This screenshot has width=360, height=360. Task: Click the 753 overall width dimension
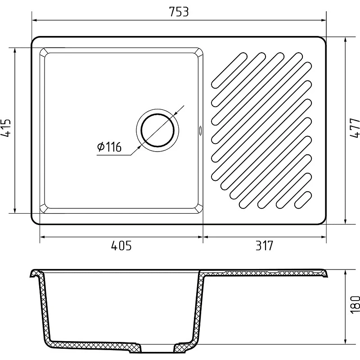tap(179, 12)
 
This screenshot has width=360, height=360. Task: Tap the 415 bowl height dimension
tap(6, 128)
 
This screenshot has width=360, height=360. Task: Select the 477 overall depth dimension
tap(355, 128)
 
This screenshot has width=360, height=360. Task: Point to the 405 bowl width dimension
tap(121, 246)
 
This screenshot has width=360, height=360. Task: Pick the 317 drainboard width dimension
tap(265, 246)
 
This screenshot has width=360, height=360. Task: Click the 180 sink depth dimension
tap(355, 305)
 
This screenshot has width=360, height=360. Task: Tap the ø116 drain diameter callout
tap(109, 147)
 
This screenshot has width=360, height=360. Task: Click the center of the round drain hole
tap(157, 130)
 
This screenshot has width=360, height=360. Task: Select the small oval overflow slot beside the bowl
tap(200, 130)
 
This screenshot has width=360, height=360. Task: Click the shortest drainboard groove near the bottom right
tap(303, 200)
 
